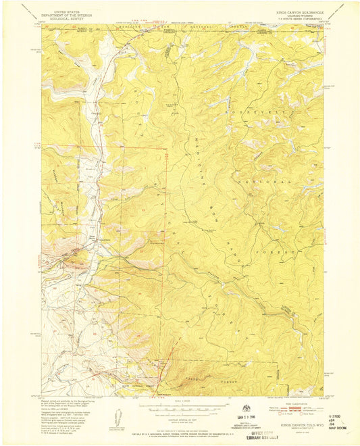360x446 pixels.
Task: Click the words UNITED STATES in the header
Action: (x=61, y=11)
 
